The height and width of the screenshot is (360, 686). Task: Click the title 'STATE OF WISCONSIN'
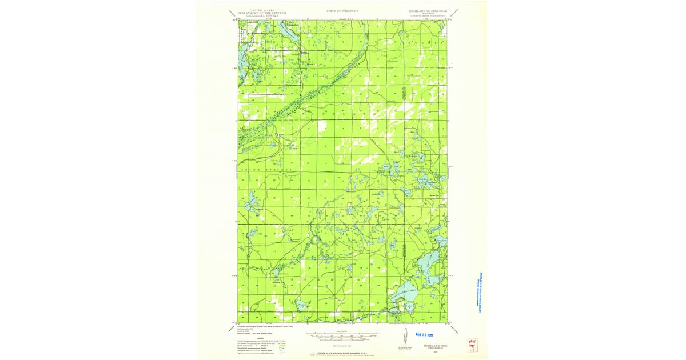click(x=343, y=11)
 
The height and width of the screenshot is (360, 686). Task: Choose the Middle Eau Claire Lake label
click(x=429, y=263)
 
